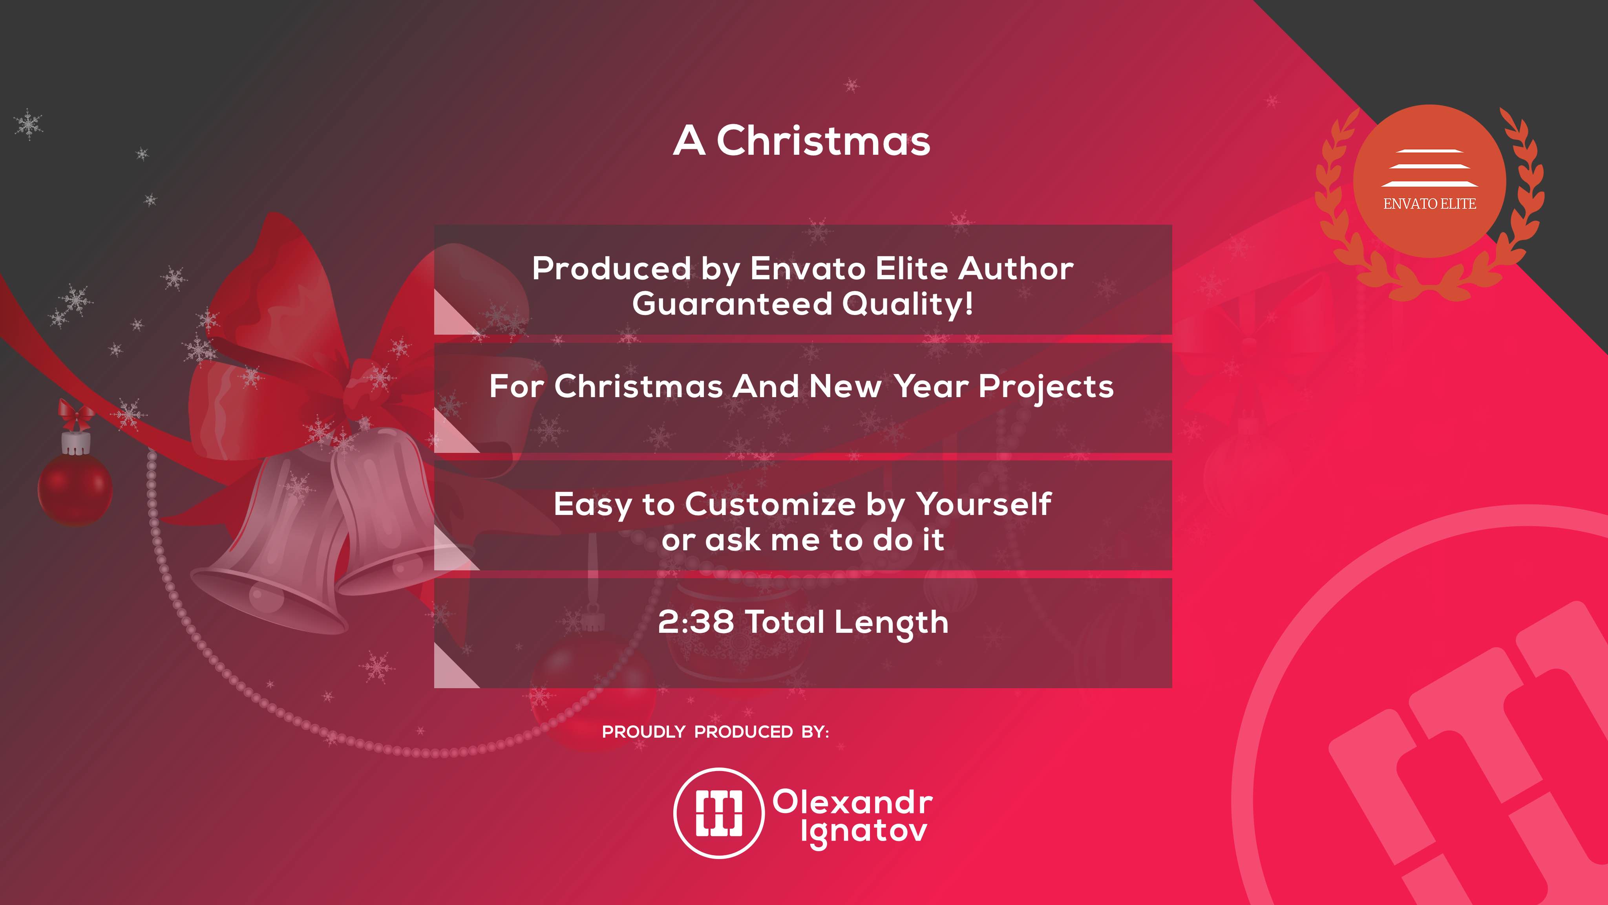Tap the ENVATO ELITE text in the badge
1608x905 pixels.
point(1429,203)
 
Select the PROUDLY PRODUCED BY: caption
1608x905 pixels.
point(715,732)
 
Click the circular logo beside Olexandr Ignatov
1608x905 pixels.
point(719,813)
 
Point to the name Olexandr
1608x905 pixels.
point(853,802)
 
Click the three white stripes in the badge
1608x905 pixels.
point(1429,168)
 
